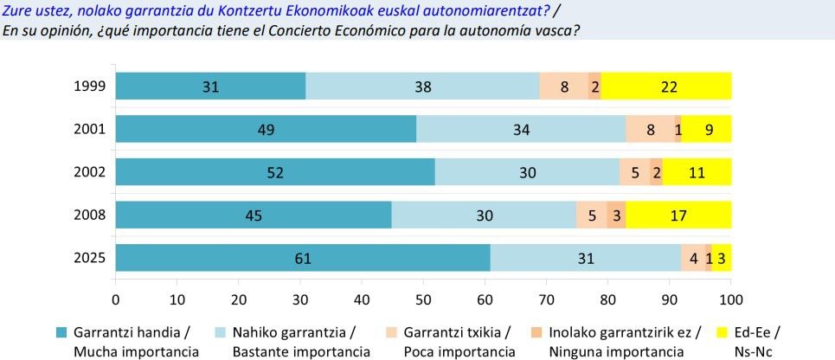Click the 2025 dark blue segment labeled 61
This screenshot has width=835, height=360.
point(303,258)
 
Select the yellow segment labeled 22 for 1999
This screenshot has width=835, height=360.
point(665,86)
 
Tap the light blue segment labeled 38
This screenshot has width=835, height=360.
point(422,86)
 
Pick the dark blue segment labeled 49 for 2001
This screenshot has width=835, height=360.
point(266,129)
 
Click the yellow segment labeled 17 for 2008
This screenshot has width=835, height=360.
point(678,215)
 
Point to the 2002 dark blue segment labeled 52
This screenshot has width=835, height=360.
point(275,171)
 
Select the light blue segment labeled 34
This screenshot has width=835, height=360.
point(521,129)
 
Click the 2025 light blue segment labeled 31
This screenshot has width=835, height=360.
point(588,258)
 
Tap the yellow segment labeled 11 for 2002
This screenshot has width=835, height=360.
point(697,171)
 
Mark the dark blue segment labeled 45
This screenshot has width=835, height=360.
point(254,215)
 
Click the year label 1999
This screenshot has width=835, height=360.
point(90,86)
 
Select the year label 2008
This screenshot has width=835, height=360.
point(90,215)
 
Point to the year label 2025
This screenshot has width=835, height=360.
point(90,258)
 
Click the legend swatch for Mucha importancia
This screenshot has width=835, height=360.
point(61,333)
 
